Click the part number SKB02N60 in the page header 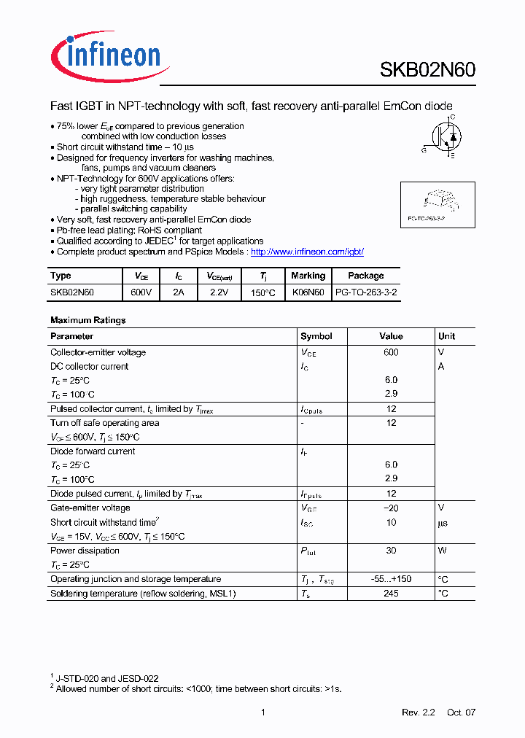coord(427,70)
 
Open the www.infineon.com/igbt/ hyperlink coord(307,252)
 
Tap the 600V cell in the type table coord(141,292)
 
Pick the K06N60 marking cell coord(308,292)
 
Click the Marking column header coord(308,276)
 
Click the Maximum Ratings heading coord(87,320)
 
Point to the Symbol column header coord(316,336)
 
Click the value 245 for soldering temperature coord(391,594)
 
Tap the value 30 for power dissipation coord(391,551)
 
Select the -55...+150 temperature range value coord(391,579)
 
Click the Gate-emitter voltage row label coord(90,508)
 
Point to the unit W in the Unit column coord(442,551)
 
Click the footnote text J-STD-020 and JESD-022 coord(107,678)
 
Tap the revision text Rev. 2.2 coord(418,712)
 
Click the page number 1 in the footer coord(262,712)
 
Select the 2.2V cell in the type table coord(219,292)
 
